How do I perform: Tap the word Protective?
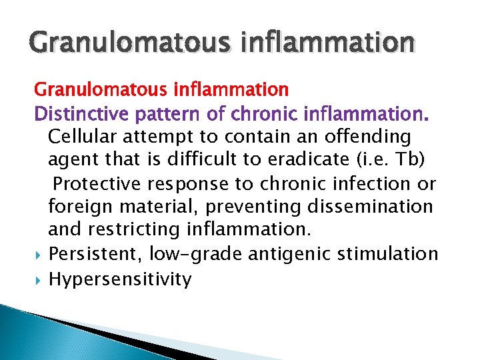click(x=97, y=183)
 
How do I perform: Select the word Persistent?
click(x=95, y=254)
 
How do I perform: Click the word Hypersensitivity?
click(x=120, y=279)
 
